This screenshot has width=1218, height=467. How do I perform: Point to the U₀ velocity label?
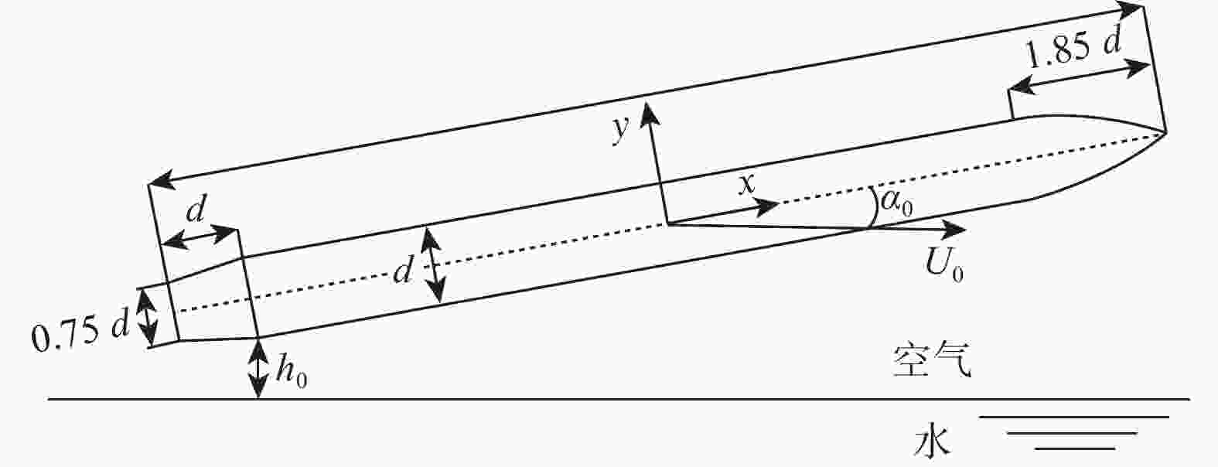[944, 264]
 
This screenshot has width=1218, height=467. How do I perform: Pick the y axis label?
[620, 129]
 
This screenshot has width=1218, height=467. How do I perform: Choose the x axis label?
[747, 184]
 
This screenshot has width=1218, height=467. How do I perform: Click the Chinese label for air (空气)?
[931, 360]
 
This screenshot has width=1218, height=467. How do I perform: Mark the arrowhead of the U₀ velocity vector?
[964, 230]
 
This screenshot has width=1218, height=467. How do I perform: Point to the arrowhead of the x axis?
[779, 203]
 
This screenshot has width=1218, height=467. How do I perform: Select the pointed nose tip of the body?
[1166, 132]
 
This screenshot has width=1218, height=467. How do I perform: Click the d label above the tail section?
[196, 209]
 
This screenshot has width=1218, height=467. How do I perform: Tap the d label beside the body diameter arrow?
[404, 268]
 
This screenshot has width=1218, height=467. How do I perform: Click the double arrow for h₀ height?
[258, 369]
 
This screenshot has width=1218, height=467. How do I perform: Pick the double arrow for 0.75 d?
[146, 318]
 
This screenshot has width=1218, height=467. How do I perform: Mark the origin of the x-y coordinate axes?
[667, 223]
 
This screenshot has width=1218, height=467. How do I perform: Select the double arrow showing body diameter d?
[434, 265]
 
